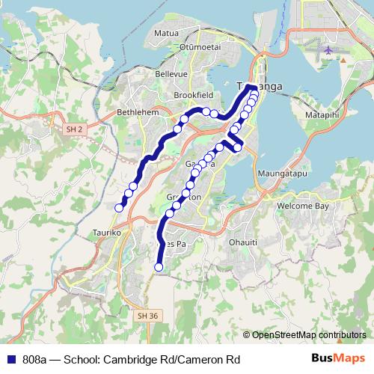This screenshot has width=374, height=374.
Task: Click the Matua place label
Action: [165, 34]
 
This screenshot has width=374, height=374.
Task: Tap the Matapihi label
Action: [323, 115]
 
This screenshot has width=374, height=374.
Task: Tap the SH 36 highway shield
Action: [148, 316]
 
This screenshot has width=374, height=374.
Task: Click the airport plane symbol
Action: [328, 50]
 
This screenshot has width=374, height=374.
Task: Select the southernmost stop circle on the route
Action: [158, 267]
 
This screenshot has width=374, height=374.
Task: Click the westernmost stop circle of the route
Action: [119, 208]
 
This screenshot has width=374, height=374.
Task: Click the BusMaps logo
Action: [339, 359]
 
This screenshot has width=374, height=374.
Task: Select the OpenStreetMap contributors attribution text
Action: [309, 335]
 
